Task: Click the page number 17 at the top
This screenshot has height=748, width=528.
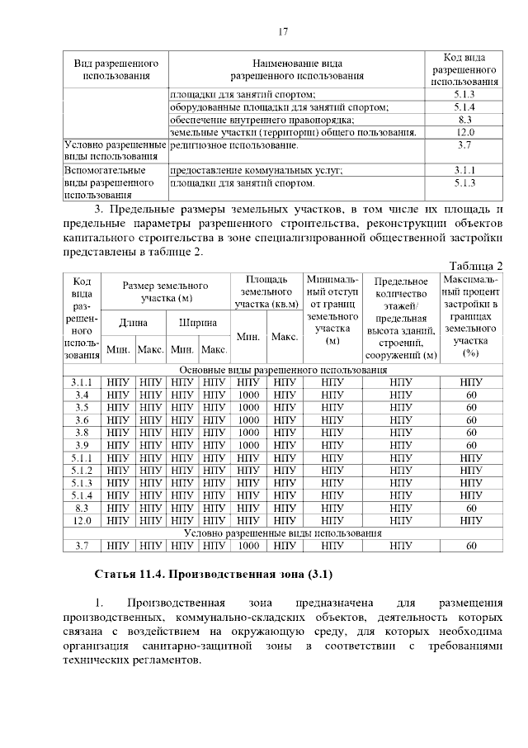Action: click(282, 32)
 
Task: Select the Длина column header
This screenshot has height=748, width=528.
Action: click(134, 322)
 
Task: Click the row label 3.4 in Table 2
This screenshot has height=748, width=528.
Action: click(82, 395)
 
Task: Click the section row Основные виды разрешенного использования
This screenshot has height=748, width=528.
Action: click(282, 370)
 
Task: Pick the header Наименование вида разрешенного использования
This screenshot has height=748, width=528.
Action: click(296, 69)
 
